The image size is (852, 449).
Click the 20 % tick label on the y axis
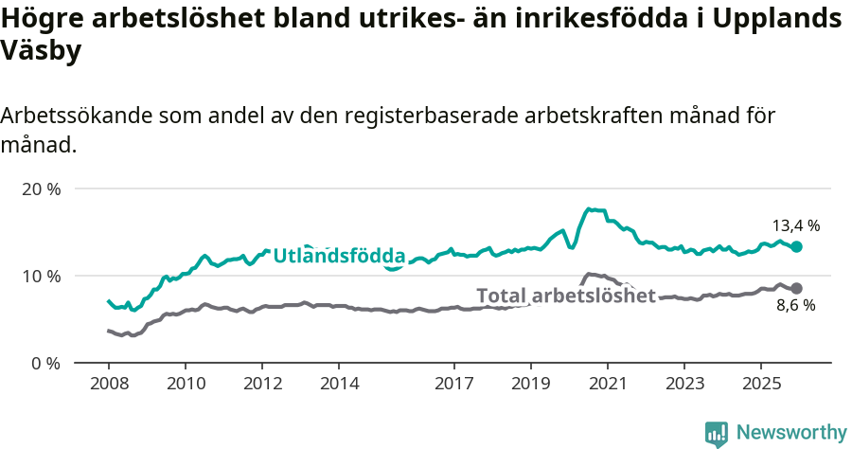pyautogui.click(x=41, y=189)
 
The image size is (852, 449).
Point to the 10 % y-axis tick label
pyautogui.click(x=41, y=277)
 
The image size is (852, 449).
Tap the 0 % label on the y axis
pyautogui.click(x=44, y=364)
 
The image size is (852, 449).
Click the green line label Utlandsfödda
pyautogui.click(x=339, y=256)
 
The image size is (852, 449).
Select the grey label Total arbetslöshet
pyautogui.click(x=565, y=296)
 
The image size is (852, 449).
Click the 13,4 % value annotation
pyautogui.click(x=795, y=226)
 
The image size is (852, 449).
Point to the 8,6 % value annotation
pyautogui.click(x=795, y=306)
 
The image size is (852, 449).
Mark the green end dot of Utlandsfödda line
pyautogui.click(x=796, y=246)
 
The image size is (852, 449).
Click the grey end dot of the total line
pyautogui.click(x=796, y=288)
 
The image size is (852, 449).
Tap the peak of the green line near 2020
pyautogui.click(x=589, y=208)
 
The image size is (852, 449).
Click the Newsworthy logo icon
pyautogui.click(x=717, y=434)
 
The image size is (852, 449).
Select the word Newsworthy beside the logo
pyautogui.click(x=791, y=433)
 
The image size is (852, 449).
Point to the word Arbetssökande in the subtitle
pyautogui.click(x=76, y=117)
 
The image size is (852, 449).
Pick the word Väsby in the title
pyautogui.click(x=41, y=51)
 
